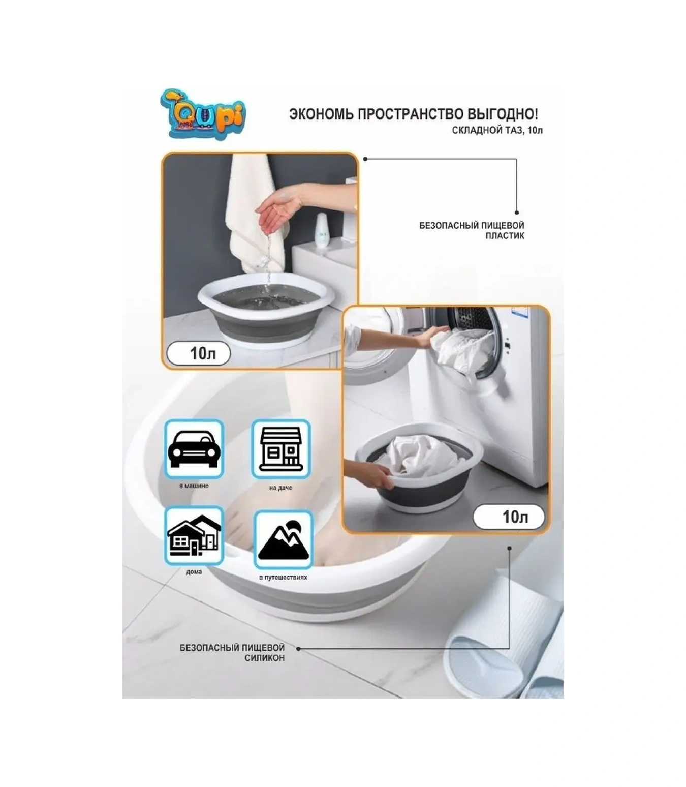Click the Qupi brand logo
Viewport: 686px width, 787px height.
point(203,114)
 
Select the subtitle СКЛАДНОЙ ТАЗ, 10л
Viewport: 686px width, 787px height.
point(497,131)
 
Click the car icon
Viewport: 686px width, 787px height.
point(194,448)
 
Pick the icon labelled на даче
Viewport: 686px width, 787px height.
point(280,449)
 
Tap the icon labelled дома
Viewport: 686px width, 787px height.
point(194,536)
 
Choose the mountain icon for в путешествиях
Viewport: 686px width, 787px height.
point(283,540)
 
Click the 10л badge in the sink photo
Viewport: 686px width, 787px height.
point(199,353)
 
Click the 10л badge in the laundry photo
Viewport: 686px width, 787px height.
point(509,517)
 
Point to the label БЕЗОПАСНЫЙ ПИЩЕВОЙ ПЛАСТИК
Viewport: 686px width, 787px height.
point(472,230)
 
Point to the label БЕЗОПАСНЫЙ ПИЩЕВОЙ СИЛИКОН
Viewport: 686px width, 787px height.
point(232,653)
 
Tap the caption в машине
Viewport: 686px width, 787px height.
point(194,486)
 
